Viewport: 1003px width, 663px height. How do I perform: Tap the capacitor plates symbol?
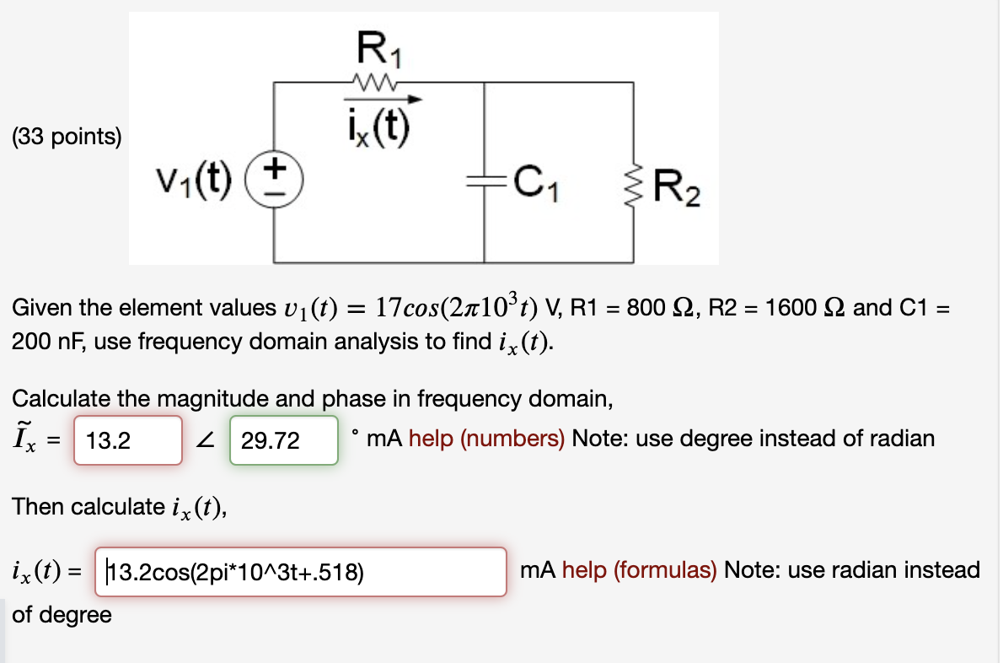(484, 179)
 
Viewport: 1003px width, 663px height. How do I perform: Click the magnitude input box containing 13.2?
(127, 439)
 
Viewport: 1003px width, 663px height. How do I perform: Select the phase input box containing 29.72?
(283, 439)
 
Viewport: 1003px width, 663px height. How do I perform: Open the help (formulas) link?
(639, 570)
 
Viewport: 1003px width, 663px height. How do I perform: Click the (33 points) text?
(67, 137)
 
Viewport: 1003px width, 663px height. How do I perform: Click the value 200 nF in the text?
(42, 342)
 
